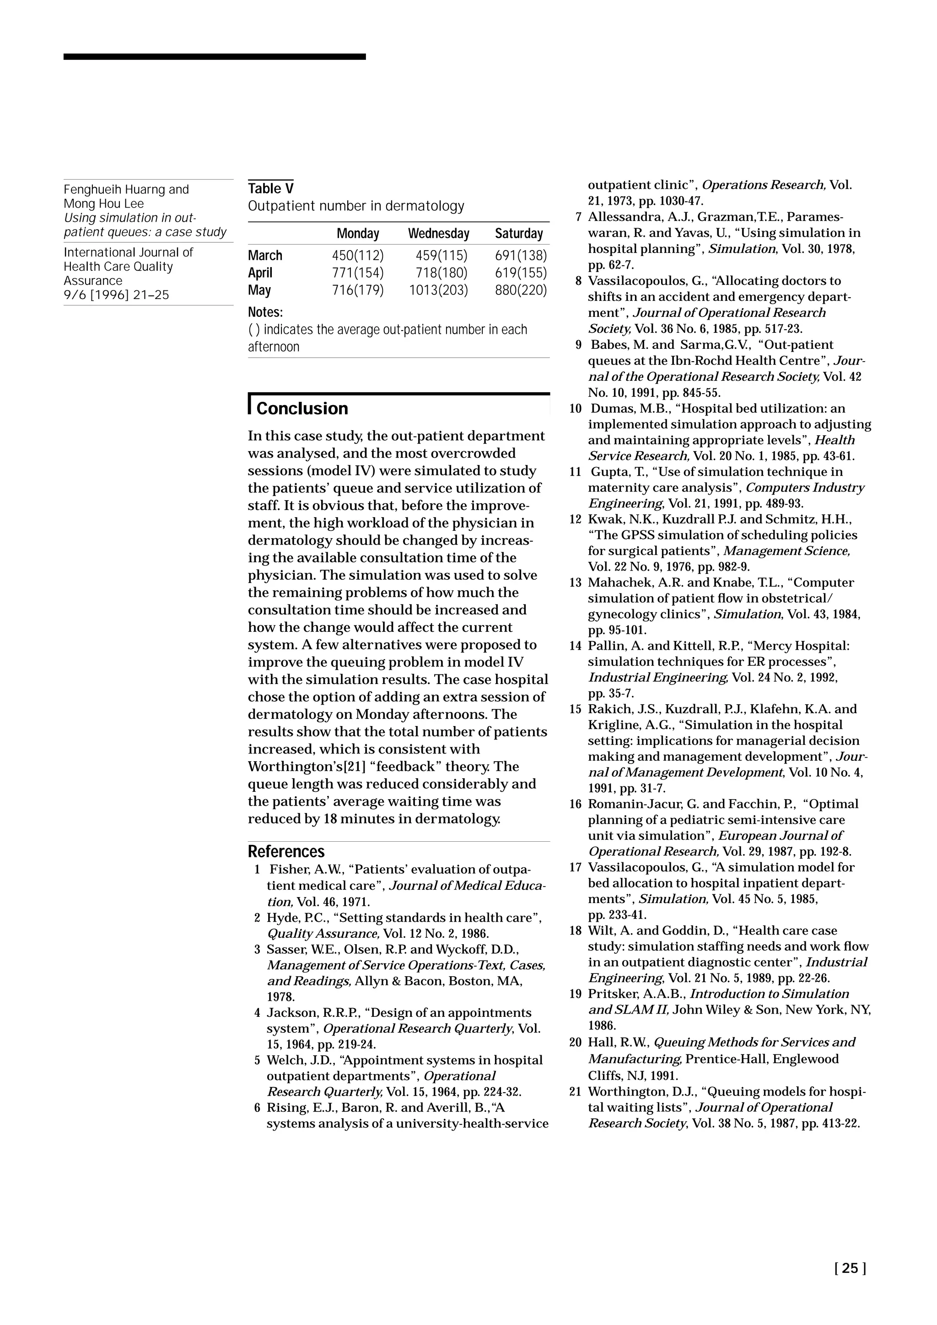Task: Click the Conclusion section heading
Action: [x=302, y=409]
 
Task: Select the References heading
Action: [x=286, y=852]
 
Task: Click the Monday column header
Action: [x=358, y=234]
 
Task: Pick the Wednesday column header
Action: [x=438, y=234]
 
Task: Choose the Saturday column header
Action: [x=518, y=234]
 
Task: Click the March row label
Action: [x=265, y=255]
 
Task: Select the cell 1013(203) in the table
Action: [x=438, y=290]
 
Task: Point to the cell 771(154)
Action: [x=357, y=273]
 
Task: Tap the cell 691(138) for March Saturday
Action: [x=520, y=255]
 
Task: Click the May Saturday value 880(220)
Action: [x=520, y=290]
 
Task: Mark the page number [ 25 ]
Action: [x=850, y=1268]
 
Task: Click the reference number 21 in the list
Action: [x=575, y=1092]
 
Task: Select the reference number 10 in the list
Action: [x=575, y=409]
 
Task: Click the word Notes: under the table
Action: [x=265, y=312]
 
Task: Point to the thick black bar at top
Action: [x=214, y=57]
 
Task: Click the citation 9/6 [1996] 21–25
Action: [x=116, y=295]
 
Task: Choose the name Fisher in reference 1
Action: [x=287, y=870]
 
